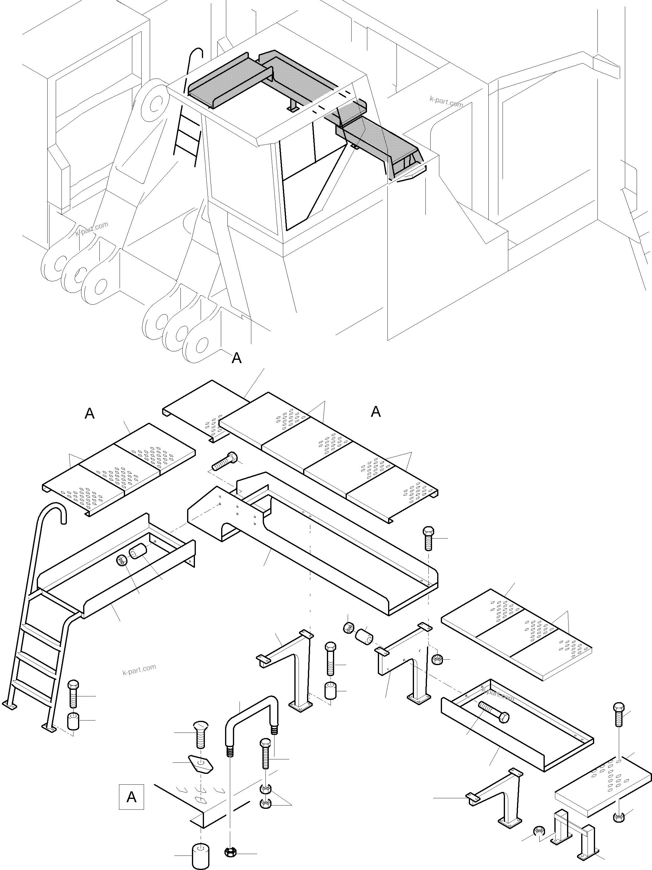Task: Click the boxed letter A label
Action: (x=131, y=797)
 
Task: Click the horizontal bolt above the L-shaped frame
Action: (x=225, y=461)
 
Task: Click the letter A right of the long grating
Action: (x=376, y=412)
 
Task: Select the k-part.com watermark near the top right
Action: (x=446, y=102)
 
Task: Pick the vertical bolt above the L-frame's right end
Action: (x=428, y=539)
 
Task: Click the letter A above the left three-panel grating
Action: (x=90, y=414)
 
